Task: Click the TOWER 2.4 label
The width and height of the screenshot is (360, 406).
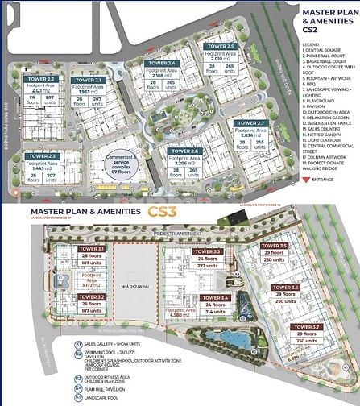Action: [x=161, y=63]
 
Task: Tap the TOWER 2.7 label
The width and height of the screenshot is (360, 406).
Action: [x=249, y=122]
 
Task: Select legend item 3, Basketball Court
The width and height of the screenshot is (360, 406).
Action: [x=327, y=59]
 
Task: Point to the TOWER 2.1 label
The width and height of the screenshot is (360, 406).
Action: [x=86, y=81]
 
